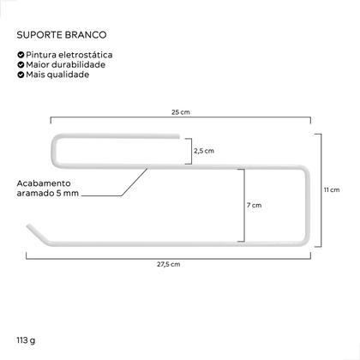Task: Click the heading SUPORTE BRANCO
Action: [62, 35]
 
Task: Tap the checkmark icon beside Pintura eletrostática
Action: [21, 55]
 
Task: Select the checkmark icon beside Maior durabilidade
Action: [21, 64]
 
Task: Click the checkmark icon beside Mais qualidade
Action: [21, 75]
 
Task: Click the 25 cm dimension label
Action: [181, 112]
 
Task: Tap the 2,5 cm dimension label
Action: [204, 151]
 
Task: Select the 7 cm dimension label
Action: [255, 205]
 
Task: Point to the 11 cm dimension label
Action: [332, 189]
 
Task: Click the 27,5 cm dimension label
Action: [169, 264]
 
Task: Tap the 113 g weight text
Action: [26, 340]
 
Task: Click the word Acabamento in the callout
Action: [44, 183]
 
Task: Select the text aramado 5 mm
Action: [48, 193]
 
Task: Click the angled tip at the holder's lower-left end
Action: [28, 226]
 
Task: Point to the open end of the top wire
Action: [178, 136]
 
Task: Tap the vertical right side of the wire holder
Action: [308, 206]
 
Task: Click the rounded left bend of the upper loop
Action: [54, 151]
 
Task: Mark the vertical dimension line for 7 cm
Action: [244, 205]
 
